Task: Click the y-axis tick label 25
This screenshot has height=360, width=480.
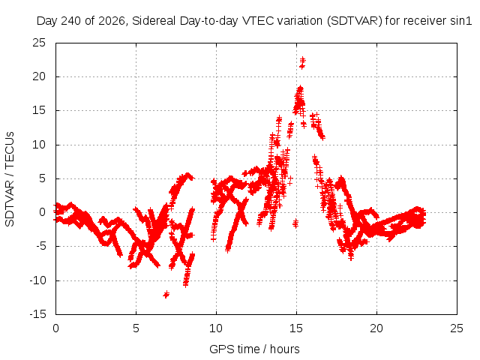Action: pyautogui.click(x=39, y=43)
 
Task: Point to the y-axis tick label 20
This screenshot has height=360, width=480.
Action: pyautogui.click(x=39, y=76)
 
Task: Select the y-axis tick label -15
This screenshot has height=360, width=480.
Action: pyautogui.click(x=38, y=314)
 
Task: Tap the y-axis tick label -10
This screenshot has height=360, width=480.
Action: pyautogui.click(x=38, y=280)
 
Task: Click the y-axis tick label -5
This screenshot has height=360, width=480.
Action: pyautogui.click(x=40, y=246)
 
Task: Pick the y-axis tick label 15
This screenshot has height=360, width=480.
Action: pyautogui.click(x=39, y=110)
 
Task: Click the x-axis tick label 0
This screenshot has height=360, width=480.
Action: pyautogui.click(x=55, y=328)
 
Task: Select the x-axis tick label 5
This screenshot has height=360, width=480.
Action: pyautogui.click(x=136, y=328)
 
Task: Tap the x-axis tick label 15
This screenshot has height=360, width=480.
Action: pyautogui.click(x=296, y=328)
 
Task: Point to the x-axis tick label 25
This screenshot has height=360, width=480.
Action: pyautogui.click(x=457, y=328)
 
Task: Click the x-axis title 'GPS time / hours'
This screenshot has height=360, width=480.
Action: pyautogui.click(x=254, y=349)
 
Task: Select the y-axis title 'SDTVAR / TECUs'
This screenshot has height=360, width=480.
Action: pyautogui.click(x=10, y=179)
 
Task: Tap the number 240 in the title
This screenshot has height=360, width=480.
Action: pyautogui.click(x=71, y=21)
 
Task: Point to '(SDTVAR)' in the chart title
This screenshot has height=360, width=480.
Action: pyautogui.click(x=355, y=21)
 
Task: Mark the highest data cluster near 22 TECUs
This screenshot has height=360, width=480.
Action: pyautogui.click(x=302, y=62)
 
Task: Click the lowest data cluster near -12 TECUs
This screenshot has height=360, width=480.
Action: pyautogui.click(x=166, y=295)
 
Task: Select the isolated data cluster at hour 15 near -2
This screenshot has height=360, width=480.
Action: pyautogui.click(x=295, y=223)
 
